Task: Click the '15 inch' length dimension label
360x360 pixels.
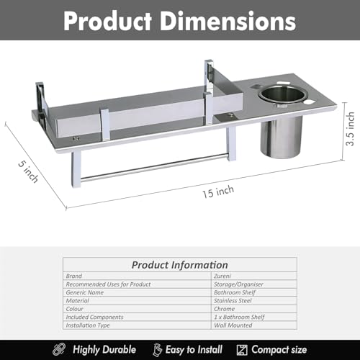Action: tap(218, 192)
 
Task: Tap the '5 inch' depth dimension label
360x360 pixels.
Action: tap(28, 171)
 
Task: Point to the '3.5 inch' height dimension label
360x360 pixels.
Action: tap(350, 129)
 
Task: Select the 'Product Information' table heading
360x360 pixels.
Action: tap(180, 265)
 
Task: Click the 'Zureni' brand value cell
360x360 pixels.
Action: tap(222, 276)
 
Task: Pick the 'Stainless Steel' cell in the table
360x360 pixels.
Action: tap(233, 301)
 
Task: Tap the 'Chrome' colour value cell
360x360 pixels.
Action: tap(224, 309)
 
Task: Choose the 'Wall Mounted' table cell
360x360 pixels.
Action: tap(233, 325)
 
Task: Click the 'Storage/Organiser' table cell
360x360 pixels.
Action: tap(238, 284)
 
